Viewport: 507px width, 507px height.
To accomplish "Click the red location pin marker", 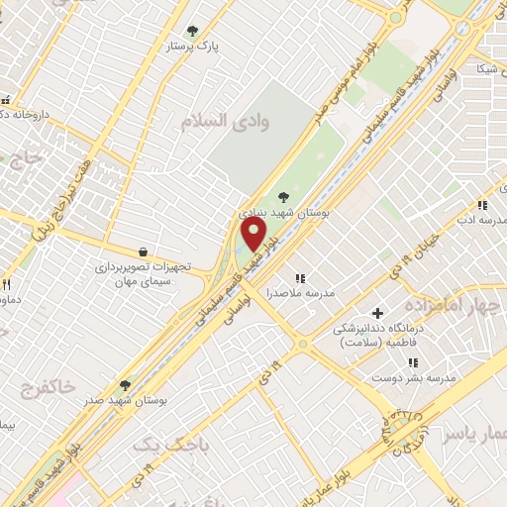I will [x=254, y=235].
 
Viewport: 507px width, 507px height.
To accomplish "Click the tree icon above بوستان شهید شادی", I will [x=285, y=196].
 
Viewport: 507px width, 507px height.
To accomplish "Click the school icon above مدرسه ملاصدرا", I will [x=299, y=278].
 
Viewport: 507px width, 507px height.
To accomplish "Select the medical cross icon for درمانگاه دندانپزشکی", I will [x=376, y=313].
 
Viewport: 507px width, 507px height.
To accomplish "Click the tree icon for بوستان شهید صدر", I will [x=125, y=384].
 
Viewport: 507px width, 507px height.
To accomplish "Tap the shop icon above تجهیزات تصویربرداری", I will [x=145, y=252].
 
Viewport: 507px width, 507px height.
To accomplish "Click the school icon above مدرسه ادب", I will [x=482, y=205].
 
